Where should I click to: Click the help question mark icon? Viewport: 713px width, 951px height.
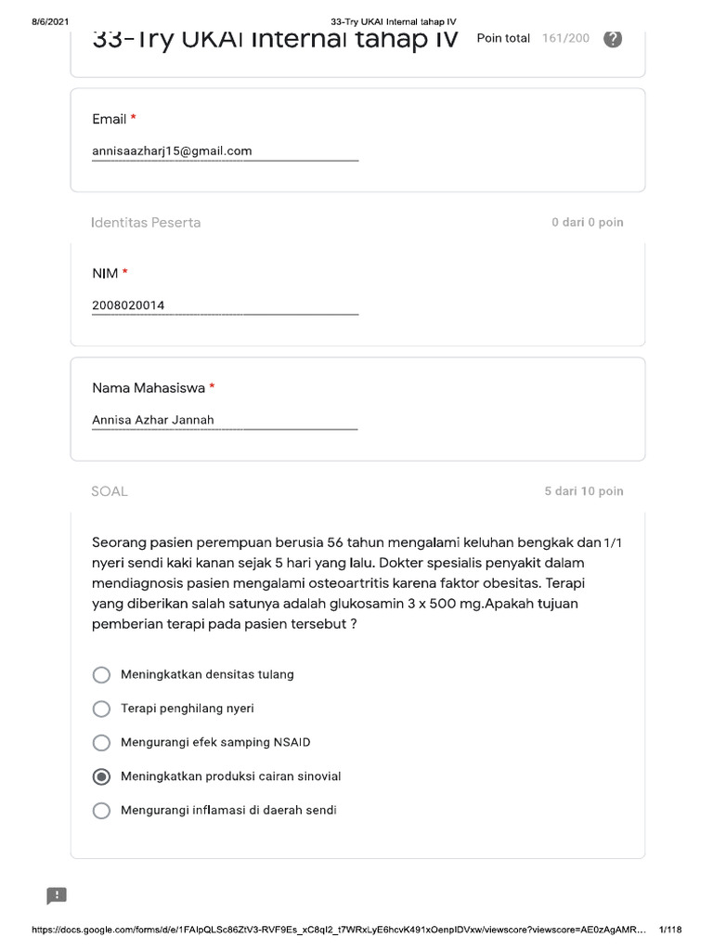pos(613,39)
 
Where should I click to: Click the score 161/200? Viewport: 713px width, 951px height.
pos(565,39)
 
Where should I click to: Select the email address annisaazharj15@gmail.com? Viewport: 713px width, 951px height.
pos(172,150)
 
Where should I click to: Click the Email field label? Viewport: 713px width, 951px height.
pos(109,119)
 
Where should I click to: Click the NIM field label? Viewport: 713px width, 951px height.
pos(104,273)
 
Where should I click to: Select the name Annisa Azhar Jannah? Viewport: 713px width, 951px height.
pos(153,420)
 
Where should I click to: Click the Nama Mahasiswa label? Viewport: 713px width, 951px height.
pos(148,387)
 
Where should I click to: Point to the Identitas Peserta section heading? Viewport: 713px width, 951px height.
pos(146,223)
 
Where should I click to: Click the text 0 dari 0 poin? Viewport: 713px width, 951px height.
pos(587,223)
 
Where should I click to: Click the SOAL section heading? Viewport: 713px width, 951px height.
pos(110,491)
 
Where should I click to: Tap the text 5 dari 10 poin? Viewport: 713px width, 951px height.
pos(584,491)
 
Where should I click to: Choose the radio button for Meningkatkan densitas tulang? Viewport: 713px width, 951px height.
pos(102,674)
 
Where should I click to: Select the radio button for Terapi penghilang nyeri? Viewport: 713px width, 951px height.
pos(102,709)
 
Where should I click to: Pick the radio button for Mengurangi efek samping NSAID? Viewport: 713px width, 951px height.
pos(102,743)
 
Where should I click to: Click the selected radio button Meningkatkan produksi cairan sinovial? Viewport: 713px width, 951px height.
pos(102,776)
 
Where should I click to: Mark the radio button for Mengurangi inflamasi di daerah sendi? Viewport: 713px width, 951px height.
pos(102,811)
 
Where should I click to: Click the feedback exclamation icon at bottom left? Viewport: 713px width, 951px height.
pos(57,895)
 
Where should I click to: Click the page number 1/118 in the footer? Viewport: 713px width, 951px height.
pos(669,930)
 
